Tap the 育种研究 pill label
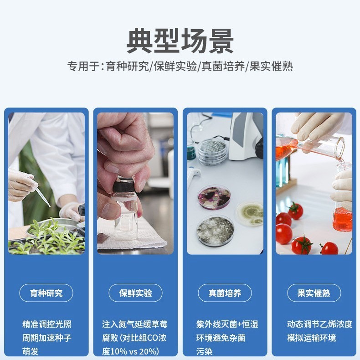pyautogui.click(x=46, y=293)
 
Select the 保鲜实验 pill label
pyautogui.click(x=135, y=293)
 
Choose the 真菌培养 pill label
pyautogui.click(x=225, y=293)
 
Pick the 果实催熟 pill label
pyautogui.click(x=314, y=293)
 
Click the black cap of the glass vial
pyautogui.click(x=123, y=185)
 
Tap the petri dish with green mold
pyautogui.click(x=250, y=213)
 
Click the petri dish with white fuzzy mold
pyautogui.click(x=215, y=231)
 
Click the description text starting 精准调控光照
pyautogui.click(x=47, y=324)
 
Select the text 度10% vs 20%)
pyautogui.click(x=130, y=351)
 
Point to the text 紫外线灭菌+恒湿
pyautogui.click(x=227, y=324)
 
